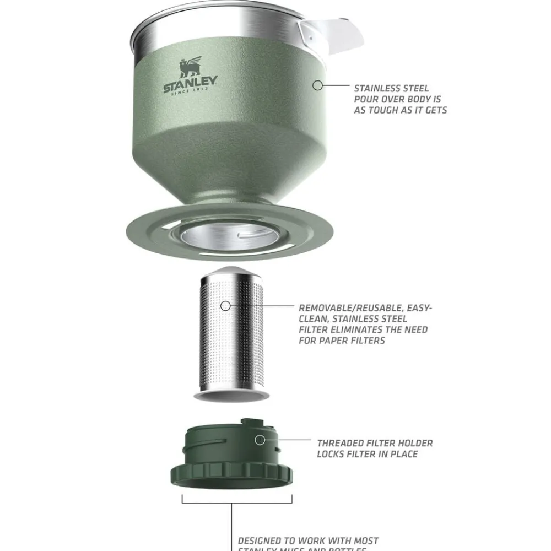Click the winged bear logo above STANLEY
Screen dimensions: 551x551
(190, 67)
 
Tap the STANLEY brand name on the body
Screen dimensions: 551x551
(190, 84)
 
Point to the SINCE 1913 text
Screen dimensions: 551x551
(190, 91)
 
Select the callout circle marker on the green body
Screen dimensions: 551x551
(317, 85)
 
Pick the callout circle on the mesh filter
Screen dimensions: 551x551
(225, 306)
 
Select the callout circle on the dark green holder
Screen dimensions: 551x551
(260, 440)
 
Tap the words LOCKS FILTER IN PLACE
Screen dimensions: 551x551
(367, 454)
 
